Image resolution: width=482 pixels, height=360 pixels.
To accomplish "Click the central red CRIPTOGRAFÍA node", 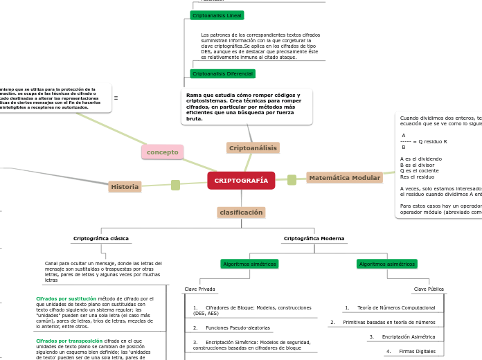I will pos(241,181).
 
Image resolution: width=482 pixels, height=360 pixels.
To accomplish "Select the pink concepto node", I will pos(162,152).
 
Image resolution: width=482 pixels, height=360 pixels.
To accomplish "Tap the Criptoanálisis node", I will pos(253,148).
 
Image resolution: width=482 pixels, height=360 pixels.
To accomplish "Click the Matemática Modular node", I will pos(344,178).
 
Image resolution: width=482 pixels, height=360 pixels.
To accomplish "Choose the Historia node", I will pos(125,187).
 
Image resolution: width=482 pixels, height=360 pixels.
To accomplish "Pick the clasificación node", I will pos(241,213).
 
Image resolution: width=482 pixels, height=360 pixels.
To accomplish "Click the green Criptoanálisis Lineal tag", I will pos(217,15).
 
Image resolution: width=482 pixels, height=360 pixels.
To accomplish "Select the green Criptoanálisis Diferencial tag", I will pos(222,73).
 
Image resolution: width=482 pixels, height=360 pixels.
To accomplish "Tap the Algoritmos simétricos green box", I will pos(249,264).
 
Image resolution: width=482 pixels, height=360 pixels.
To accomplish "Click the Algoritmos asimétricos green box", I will pos(386,264).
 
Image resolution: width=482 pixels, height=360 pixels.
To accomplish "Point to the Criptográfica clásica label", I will pos(101,239).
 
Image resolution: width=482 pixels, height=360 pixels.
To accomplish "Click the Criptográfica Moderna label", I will pos(314,239).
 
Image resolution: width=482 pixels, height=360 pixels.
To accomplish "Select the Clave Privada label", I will pos(199,289).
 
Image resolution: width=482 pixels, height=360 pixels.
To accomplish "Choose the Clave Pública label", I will pos(429,289).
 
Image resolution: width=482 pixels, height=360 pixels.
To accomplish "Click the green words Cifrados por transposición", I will pos(69,341).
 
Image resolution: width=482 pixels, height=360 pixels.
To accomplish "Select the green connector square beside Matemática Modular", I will pos(292,180).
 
